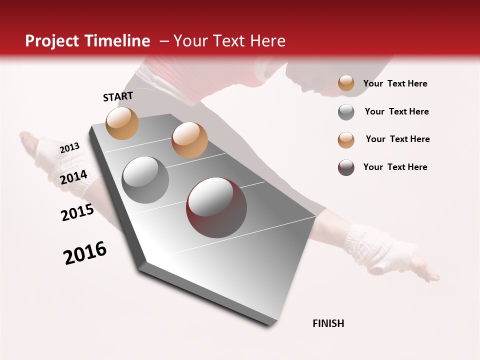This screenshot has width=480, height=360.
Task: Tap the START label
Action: [118, 96]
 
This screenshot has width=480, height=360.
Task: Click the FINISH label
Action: [328, 323]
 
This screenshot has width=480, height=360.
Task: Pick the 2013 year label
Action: [69, 147]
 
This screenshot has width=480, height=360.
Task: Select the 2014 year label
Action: [73, 177]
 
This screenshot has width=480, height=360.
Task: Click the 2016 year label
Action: [85, 253]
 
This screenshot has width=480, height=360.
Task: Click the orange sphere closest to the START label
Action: [122, 123]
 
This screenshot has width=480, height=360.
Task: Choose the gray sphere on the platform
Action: [145, 179]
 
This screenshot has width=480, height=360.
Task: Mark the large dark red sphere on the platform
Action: [216, 207]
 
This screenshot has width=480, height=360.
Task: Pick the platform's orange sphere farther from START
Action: [189, 140]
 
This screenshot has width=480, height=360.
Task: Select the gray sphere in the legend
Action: [346, 112]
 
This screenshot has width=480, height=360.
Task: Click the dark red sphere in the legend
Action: [346, 167]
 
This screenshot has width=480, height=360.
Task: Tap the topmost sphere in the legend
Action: [346, 83]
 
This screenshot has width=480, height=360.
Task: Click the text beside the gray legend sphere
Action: [396, 111]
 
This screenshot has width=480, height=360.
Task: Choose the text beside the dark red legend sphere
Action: [395, 167]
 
